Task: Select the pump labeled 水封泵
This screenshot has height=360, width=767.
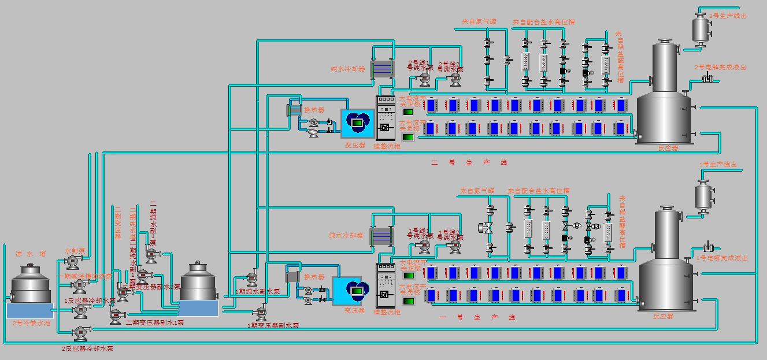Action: (73, 262)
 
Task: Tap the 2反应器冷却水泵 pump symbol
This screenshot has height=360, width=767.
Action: (79, 333)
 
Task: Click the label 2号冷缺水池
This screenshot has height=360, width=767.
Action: (31, 323)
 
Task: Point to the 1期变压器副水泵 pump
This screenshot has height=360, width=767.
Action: (261, 313)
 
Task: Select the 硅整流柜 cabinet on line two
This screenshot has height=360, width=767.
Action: (384, 118)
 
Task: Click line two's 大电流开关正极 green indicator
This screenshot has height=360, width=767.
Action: (408, 112)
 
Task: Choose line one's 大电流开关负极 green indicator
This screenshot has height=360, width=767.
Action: (408, 301)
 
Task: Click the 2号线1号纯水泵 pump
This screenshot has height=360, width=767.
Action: (424, 77)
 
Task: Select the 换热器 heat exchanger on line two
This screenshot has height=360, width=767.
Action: (294, 109)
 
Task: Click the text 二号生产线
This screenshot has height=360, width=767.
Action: (469, 163)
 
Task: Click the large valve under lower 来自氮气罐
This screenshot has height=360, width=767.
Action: (488, 228)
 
